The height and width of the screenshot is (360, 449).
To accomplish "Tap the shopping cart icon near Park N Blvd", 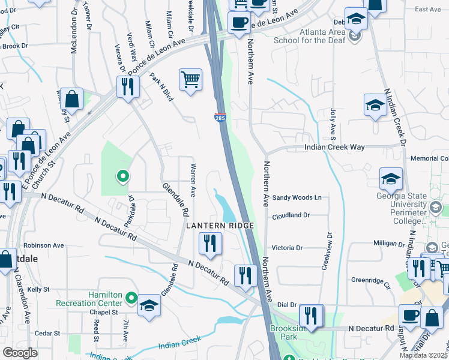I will click(190, 79).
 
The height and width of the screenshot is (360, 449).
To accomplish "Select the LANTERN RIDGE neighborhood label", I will click(220, 225).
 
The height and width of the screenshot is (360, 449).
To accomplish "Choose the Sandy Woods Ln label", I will click(297, 197).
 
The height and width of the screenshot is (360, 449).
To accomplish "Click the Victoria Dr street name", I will click(291, 247).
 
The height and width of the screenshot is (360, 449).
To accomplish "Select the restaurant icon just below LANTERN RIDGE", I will click(210, 243).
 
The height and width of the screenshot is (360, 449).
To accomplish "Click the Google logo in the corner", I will click(19, 353).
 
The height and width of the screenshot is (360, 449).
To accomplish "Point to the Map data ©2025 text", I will click(424, 355).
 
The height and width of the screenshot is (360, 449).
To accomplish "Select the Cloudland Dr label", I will click(291, 216).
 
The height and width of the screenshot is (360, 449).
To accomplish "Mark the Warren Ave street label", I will click(193, 180).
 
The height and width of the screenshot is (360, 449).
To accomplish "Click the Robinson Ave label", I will click(44, 245).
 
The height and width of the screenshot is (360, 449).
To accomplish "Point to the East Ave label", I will click(427, 10).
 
